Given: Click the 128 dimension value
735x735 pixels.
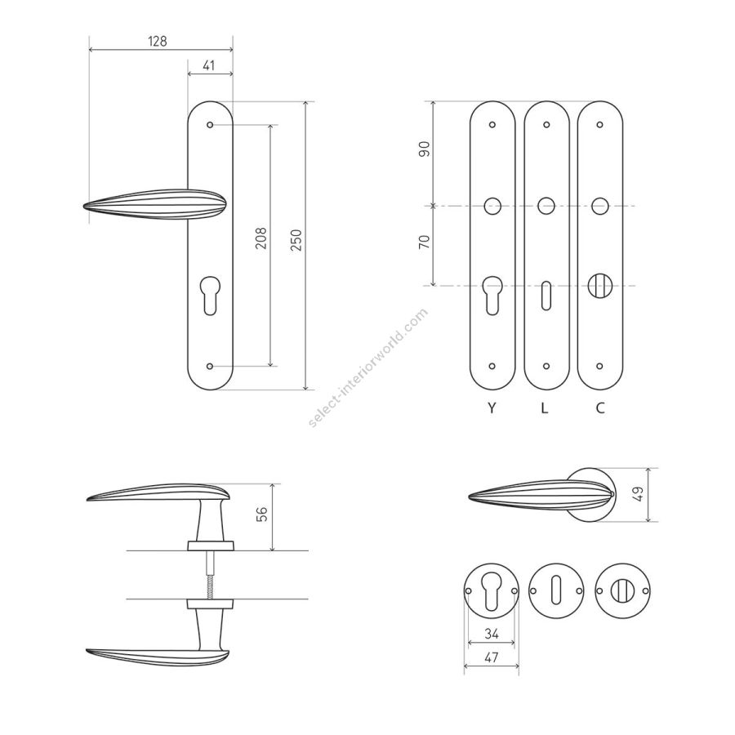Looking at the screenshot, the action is click(x=158, y=42).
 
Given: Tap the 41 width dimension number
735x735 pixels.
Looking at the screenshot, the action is click(x=209, y=65).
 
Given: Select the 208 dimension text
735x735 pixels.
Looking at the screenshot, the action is click(x=261, y=238).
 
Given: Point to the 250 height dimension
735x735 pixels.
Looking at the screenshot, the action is click(x=296, y=240).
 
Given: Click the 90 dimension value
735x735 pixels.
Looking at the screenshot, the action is click(x=424, y=149).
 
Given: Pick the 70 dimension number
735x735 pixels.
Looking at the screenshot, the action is click(x=424, y=242).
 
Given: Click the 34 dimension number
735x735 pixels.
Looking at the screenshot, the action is click(x=492, y=634).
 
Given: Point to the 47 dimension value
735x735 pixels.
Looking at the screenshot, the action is click(x=491, y=657).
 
